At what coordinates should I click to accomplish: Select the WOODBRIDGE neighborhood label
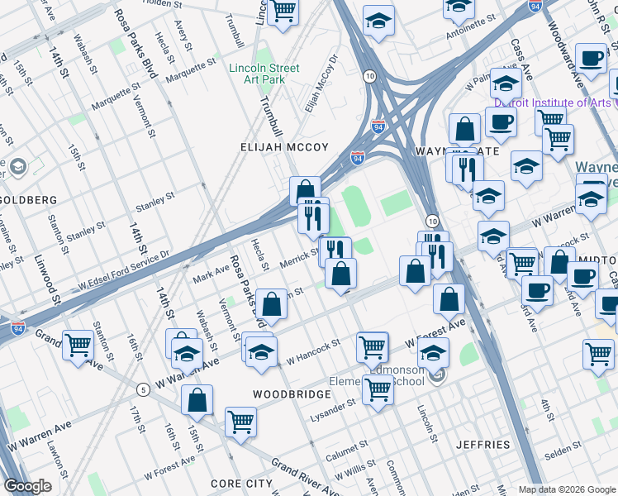click(x=292, y=394)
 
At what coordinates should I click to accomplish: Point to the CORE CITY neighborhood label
click(x=241, y=483)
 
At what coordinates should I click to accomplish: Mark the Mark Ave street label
click(x=212, y=272)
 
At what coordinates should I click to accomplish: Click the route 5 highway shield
click(x=143, y=389)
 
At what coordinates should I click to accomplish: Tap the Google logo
click(x=28, y=486)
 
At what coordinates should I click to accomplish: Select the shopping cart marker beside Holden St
click(x=283, y=12)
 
